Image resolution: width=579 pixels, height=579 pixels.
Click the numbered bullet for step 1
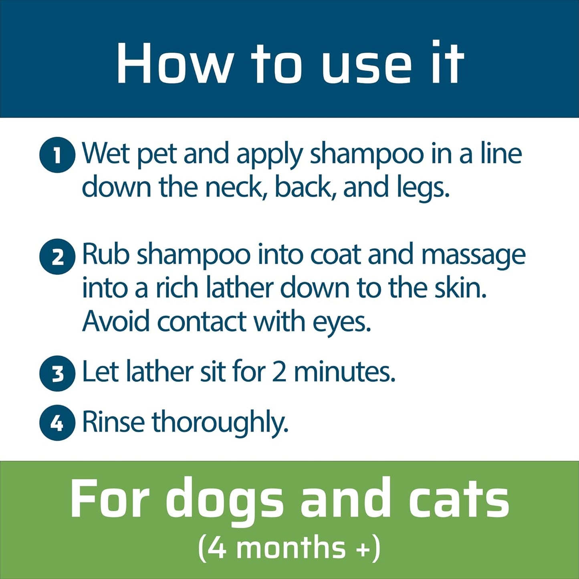tap(57, 155)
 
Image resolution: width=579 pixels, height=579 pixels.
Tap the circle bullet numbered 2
tap(57, 257)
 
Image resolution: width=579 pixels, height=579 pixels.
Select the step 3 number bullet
tap(57, 373)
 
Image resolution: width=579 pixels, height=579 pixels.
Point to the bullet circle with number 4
tap(57, 423)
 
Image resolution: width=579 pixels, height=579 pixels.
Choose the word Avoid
tap(116, 321)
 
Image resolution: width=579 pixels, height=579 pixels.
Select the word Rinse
tap(113, 422)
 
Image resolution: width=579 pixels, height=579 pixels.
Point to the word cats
tap(459, 499)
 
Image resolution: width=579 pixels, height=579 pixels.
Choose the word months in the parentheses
tap(291, 548)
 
